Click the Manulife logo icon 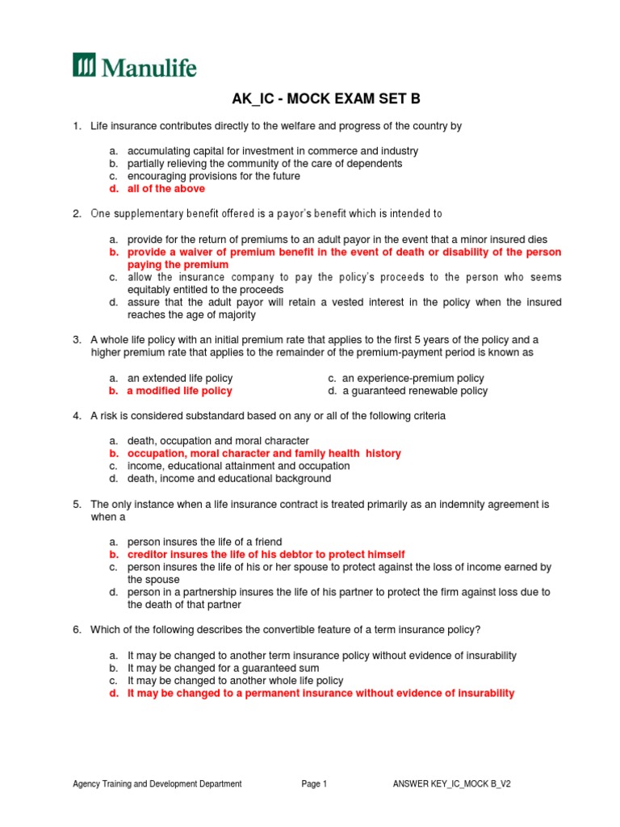coord(84,65)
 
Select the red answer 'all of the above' coord(166,188)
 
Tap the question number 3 coord(77,340)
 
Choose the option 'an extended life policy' coord(180,378)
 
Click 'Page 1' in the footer coord(314,783)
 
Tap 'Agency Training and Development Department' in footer coord(157,783)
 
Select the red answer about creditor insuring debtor coord(266,554)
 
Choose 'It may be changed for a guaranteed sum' coord(223,669)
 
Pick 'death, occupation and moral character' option coord(218,441)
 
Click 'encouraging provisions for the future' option coord(214,176)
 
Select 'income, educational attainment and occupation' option coord(238,466)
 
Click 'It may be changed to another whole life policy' coord(235,681)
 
